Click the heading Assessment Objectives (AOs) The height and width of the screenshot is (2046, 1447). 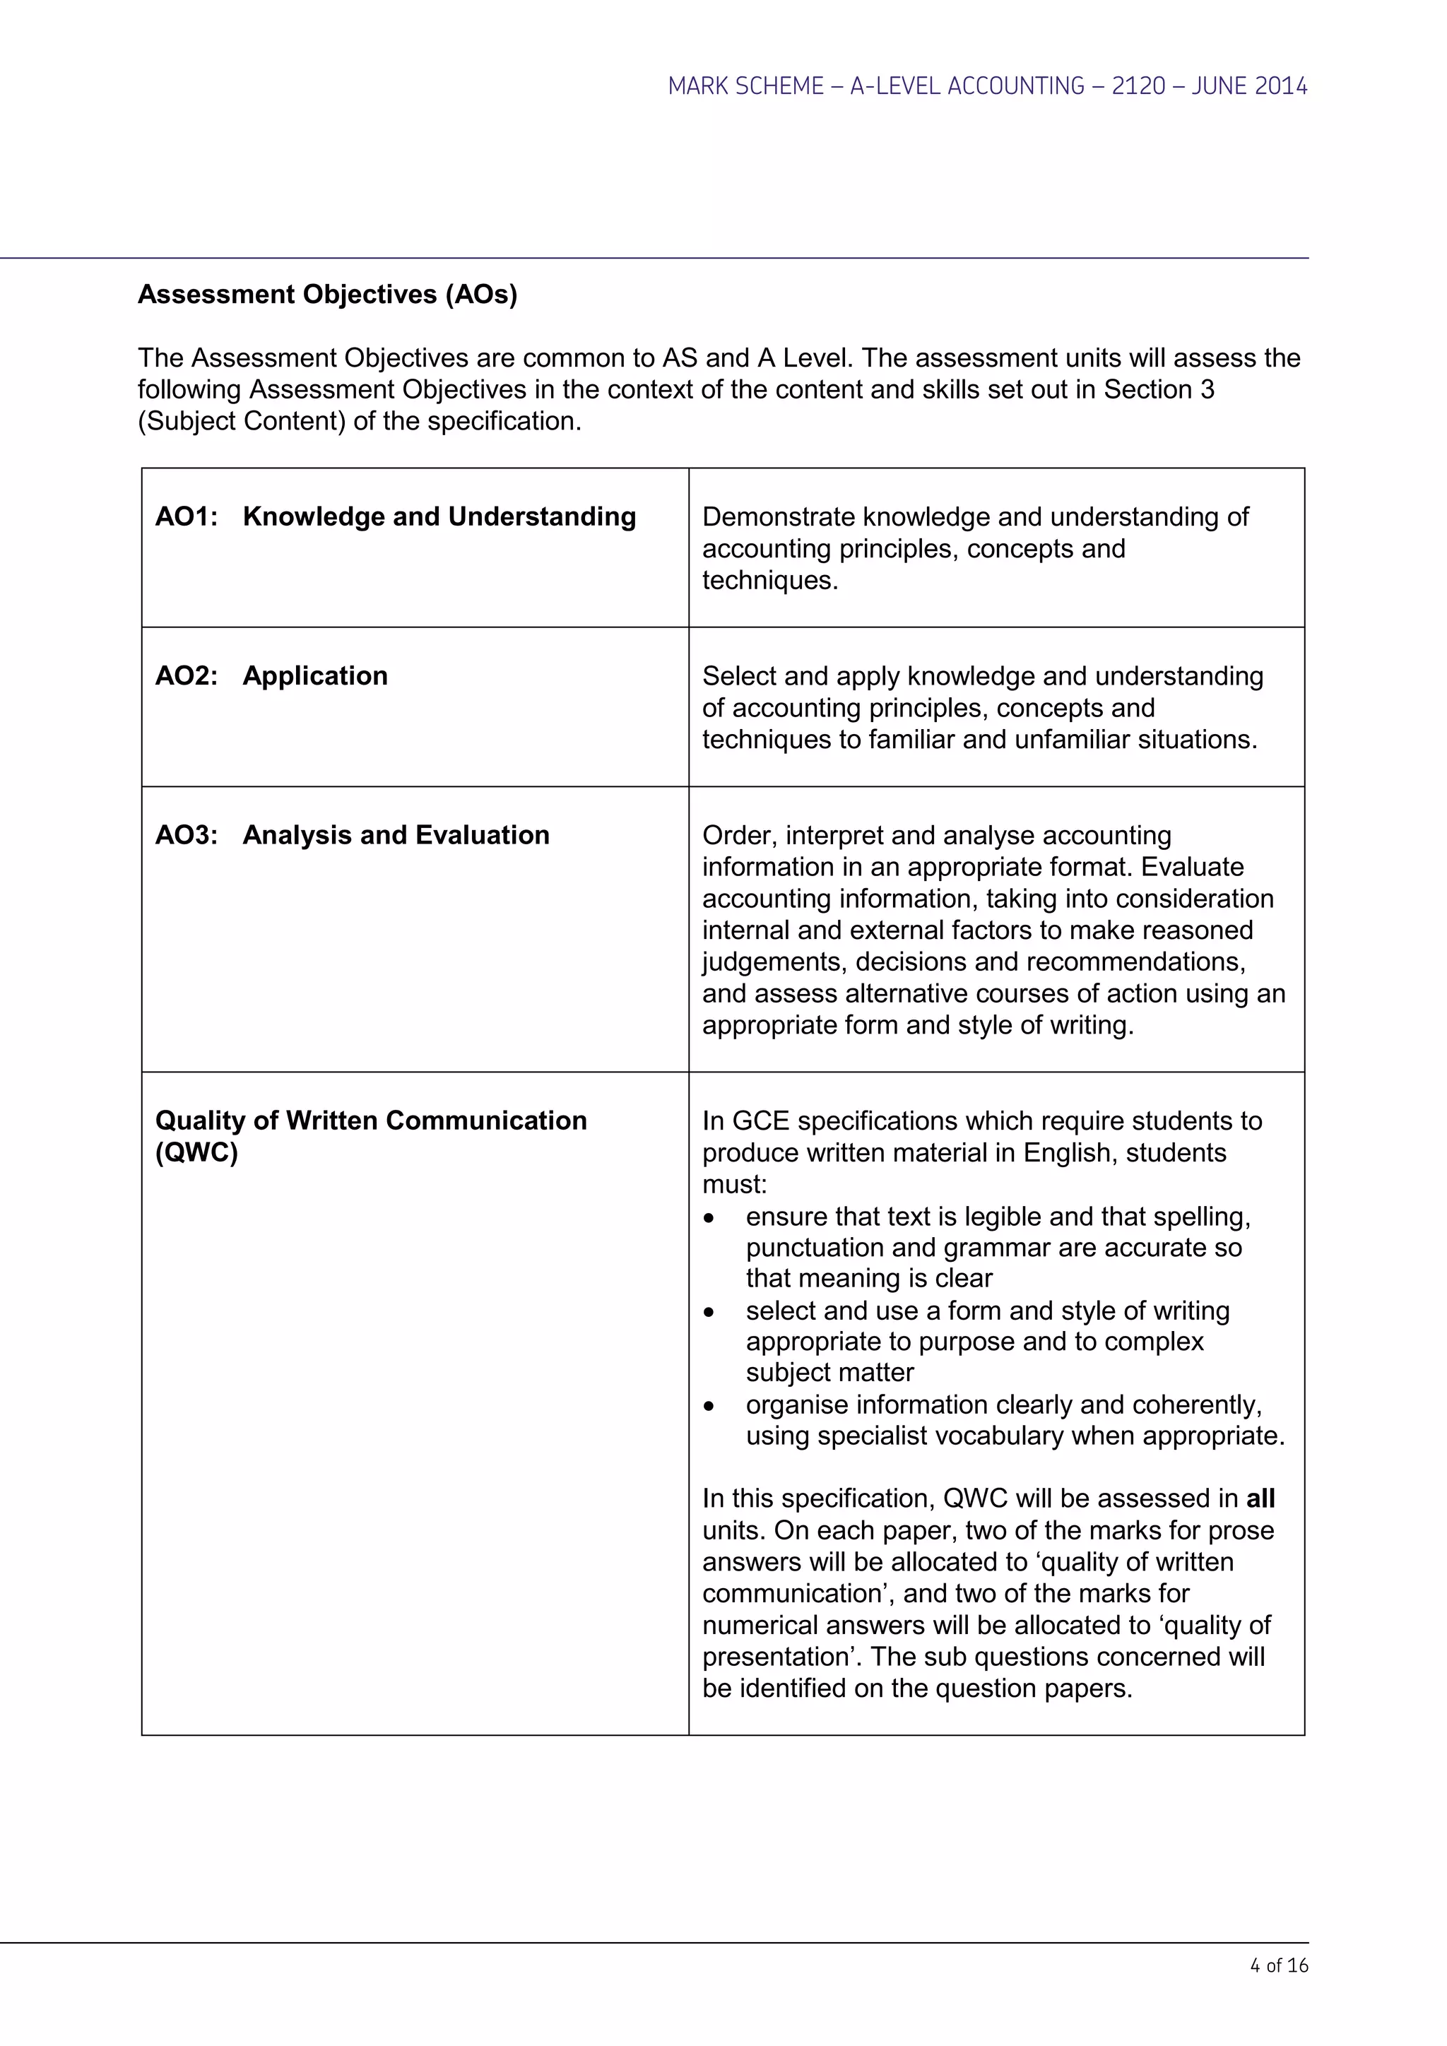pos(327,295)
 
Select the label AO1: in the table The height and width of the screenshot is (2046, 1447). pos(187,517)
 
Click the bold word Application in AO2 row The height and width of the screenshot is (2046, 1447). pos(314,675)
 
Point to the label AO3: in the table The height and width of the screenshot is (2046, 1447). pos(187,835)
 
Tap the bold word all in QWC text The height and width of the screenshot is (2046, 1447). pos(1260,1499)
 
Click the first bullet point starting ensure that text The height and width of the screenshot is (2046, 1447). pos(709,1218)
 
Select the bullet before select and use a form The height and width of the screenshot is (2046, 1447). pos(709,1313)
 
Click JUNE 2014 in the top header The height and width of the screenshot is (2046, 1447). pos(1248,86)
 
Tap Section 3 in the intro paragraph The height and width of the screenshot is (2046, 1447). pos(1158,389)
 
